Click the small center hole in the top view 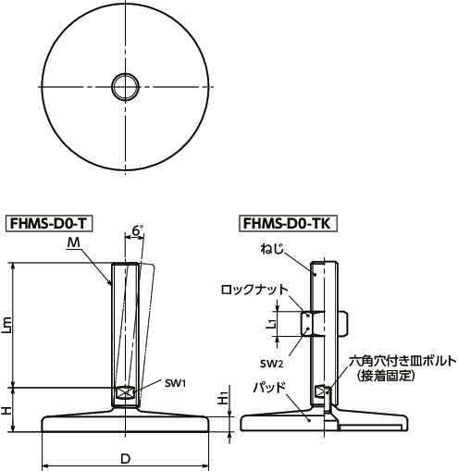click(x=124, y=87)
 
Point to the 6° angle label click(x=138, y=229)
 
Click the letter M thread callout click(x=73, y=242)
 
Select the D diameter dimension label click(x=124, y=459)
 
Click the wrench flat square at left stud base click(x=125, y=392)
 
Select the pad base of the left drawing click(x=124, y=424)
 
